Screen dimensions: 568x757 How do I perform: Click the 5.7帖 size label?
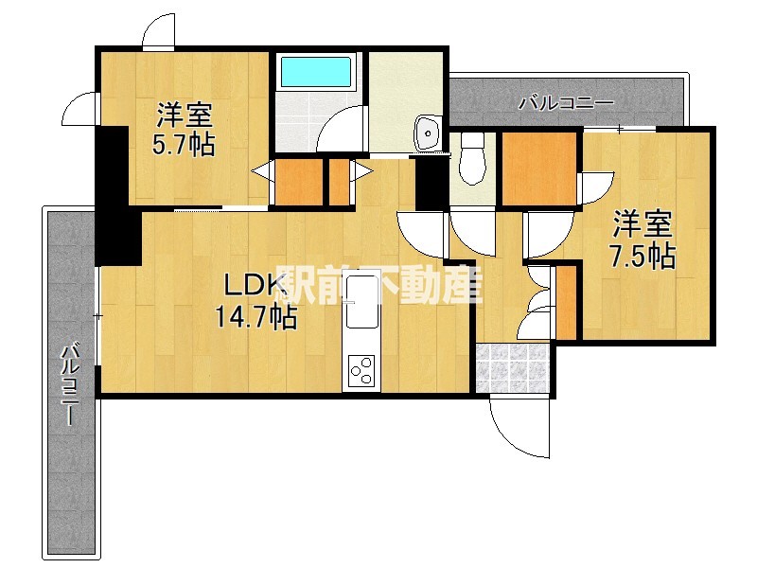click(x=184, y=145)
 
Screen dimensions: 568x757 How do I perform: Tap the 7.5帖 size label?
click(x=643, y=256)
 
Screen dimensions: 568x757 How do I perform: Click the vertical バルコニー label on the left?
click(x=69, y=388)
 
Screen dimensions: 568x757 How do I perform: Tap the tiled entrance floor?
click(x=511, y=368)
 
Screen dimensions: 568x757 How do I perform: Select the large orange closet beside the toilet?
click(x=539, y=169)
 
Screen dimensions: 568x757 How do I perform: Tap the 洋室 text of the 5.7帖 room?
click(x=184, y=116)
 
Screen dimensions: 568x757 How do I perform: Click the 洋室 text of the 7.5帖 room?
click(x=643, y=225)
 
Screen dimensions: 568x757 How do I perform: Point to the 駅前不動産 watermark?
click(x=378, y=282)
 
